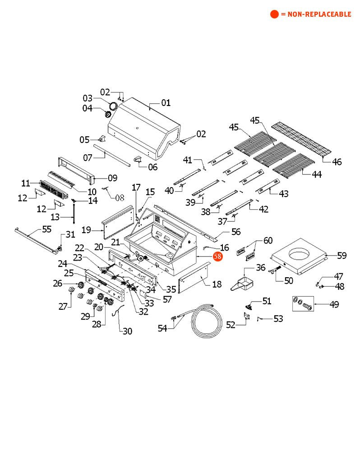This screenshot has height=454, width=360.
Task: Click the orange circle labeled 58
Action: [x=218, y=256]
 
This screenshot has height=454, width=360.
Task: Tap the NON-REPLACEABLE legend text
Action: [x=316, y=14]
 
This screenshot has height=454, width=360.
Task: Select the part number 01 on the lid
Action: [x=166, y=103]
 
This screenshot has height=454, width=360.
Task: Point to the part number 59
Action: [x=342, y=256]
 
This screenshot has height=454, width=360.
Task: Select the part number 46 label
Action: [x=337, y=162]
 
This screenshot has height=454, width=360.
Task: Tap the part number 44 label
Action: [x=317, y=174]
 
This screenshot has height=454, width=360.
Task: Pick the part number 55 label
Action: [x=46, y=229]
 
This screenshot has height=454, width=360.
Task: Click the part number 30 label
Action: [x=127, y=331]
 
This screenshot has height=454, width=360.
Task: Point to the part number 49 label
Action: [x=334, y=304]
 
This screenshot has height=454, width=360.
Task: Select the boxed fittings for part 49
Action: [x=302, y=304]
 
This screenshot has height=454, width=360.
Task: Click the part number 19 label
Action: [x=87, y=230]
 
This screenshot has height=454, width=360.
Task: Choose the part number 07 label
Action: [x=88, y=157]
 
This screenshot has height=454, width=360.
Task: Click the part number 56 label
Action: [x=235, y=232]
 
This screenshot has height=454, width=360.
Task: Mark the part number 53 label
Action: [x=278, y=319]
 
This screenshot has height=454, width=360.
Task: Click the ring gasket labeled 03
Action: [x=113, y=105]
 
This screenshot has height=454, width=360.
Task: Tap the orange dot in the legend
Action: [x=274, y=14]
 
